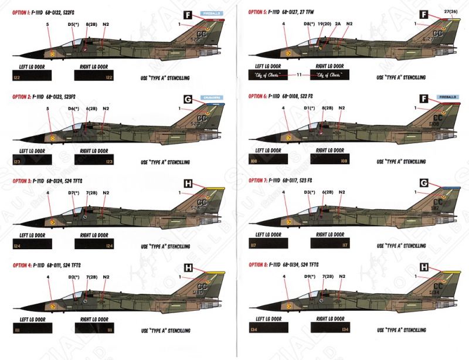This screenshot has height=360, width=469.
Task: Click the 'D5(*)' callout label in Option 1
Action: click(73, 25)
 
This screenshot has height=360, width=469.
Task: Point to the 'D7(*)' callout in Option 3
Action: click(73, 192)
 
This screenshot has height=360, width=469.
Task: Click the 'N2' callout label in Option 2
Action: click(106, 108)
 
